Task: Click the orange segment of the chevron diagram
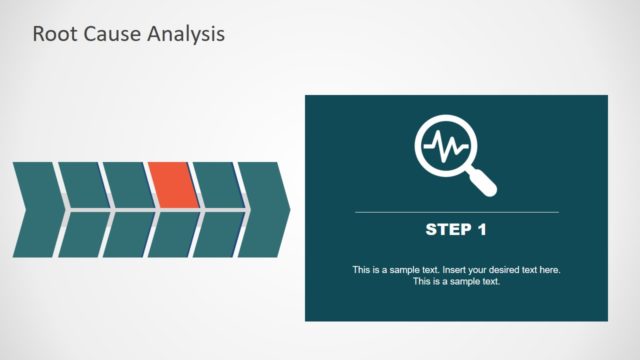171,185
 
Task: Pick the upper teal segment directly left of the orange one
126,185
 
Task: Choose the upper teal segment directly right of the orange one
217,185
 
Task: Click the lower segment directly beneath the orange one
172,235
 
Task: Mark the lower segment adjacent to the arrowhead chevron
217,235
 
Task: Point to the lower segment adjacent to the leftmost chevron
82,235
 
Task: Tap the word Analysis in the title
186,34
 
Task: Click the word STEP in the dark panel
447,230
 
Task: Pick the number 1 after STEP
481,230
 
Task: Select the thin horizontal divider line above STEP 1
456,212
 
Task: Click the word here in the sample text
548,270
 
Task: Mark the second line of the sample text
456,281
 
